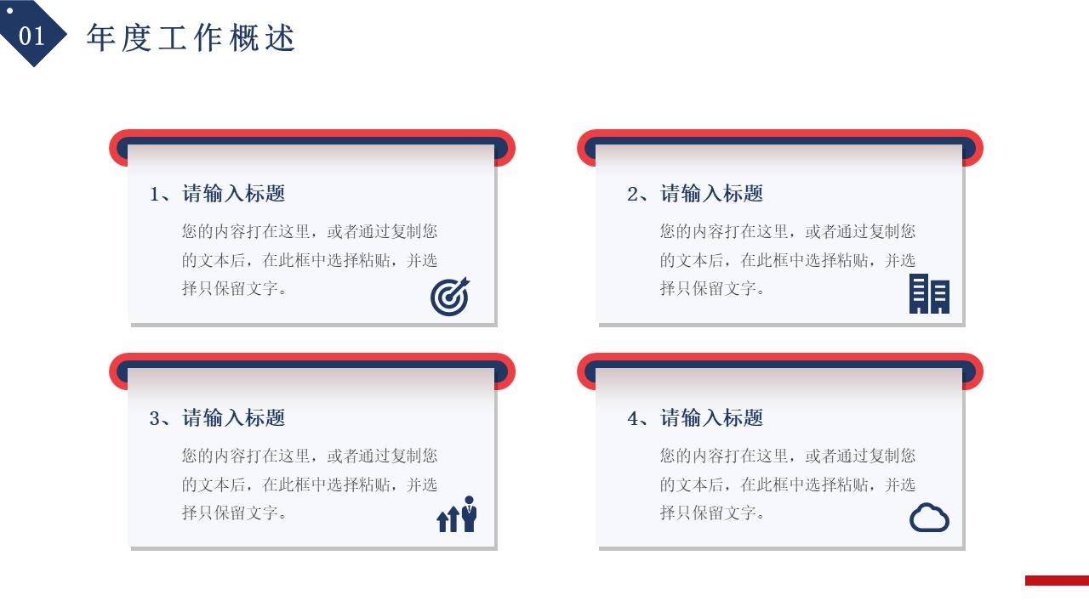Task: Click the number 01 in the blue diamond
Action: coord(31,36)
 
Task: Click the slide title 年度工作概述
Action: coord(191,38)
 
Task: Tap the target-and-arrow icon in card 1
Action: coord(450,297)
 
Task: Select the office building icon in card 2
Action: coord(929,294)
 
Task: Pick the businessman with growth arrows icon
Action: coord(457,514)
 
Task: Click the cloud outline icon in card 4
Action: coord(929,518)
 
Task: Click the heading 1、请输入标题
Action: coord(217,194)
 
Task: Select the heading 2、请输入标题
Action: coord(695,194)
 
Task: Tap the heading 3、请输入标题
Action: coord(217,418)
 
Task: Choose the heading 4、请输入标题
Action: coord(695,418)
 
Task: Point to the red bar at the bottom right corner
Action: coord(1057,581)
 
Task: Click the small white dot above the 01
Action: coord(10,12)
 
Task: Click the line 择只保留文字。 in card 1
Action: coord(235,288)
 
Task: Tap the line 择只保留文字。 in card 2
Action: coord(713,288)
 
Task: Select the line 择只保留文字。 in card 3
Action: coord(235,513)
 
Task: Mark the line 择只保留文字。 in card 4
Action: coord(713,513)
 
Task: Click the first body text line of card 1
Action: coord(310,231)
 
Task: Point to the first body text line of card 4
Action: coord(788,456)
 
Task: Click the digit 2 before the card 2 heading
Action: coord(632,195)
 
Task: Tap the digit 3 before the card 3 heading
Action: coord(155,419)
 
